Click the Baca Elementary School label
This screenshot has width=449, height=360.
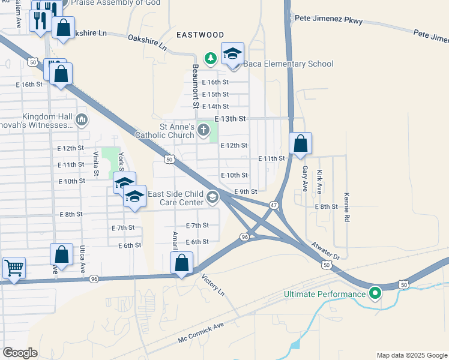287,64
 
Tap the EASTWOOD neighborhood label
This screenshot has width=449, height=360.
200,35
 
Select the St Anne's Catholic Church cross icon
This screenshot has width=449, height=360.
203,130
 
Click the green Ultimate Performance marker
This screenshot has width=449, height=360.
376,293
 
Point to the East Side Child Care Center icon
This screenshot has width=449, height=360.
212,197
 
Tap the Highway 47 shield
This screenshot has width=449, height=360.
274,205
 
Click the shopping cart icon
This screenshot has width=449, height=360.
14,267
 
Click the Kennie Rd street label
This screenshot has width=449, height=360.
347,208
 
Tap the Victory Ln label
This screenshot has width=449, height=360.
213,286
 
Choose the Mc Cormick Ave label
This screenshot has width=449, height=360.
200,332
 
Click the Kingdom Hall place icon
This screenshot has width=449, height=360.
82,121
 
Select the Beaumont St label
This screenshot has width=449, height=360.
195,86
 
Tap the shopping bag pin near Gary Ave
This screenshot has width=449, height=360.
300,144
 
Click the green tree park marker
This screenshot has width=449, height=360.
210,58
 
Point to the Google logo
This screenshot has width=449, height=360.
20,353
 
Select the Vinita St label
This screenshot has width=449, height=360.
96,163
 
